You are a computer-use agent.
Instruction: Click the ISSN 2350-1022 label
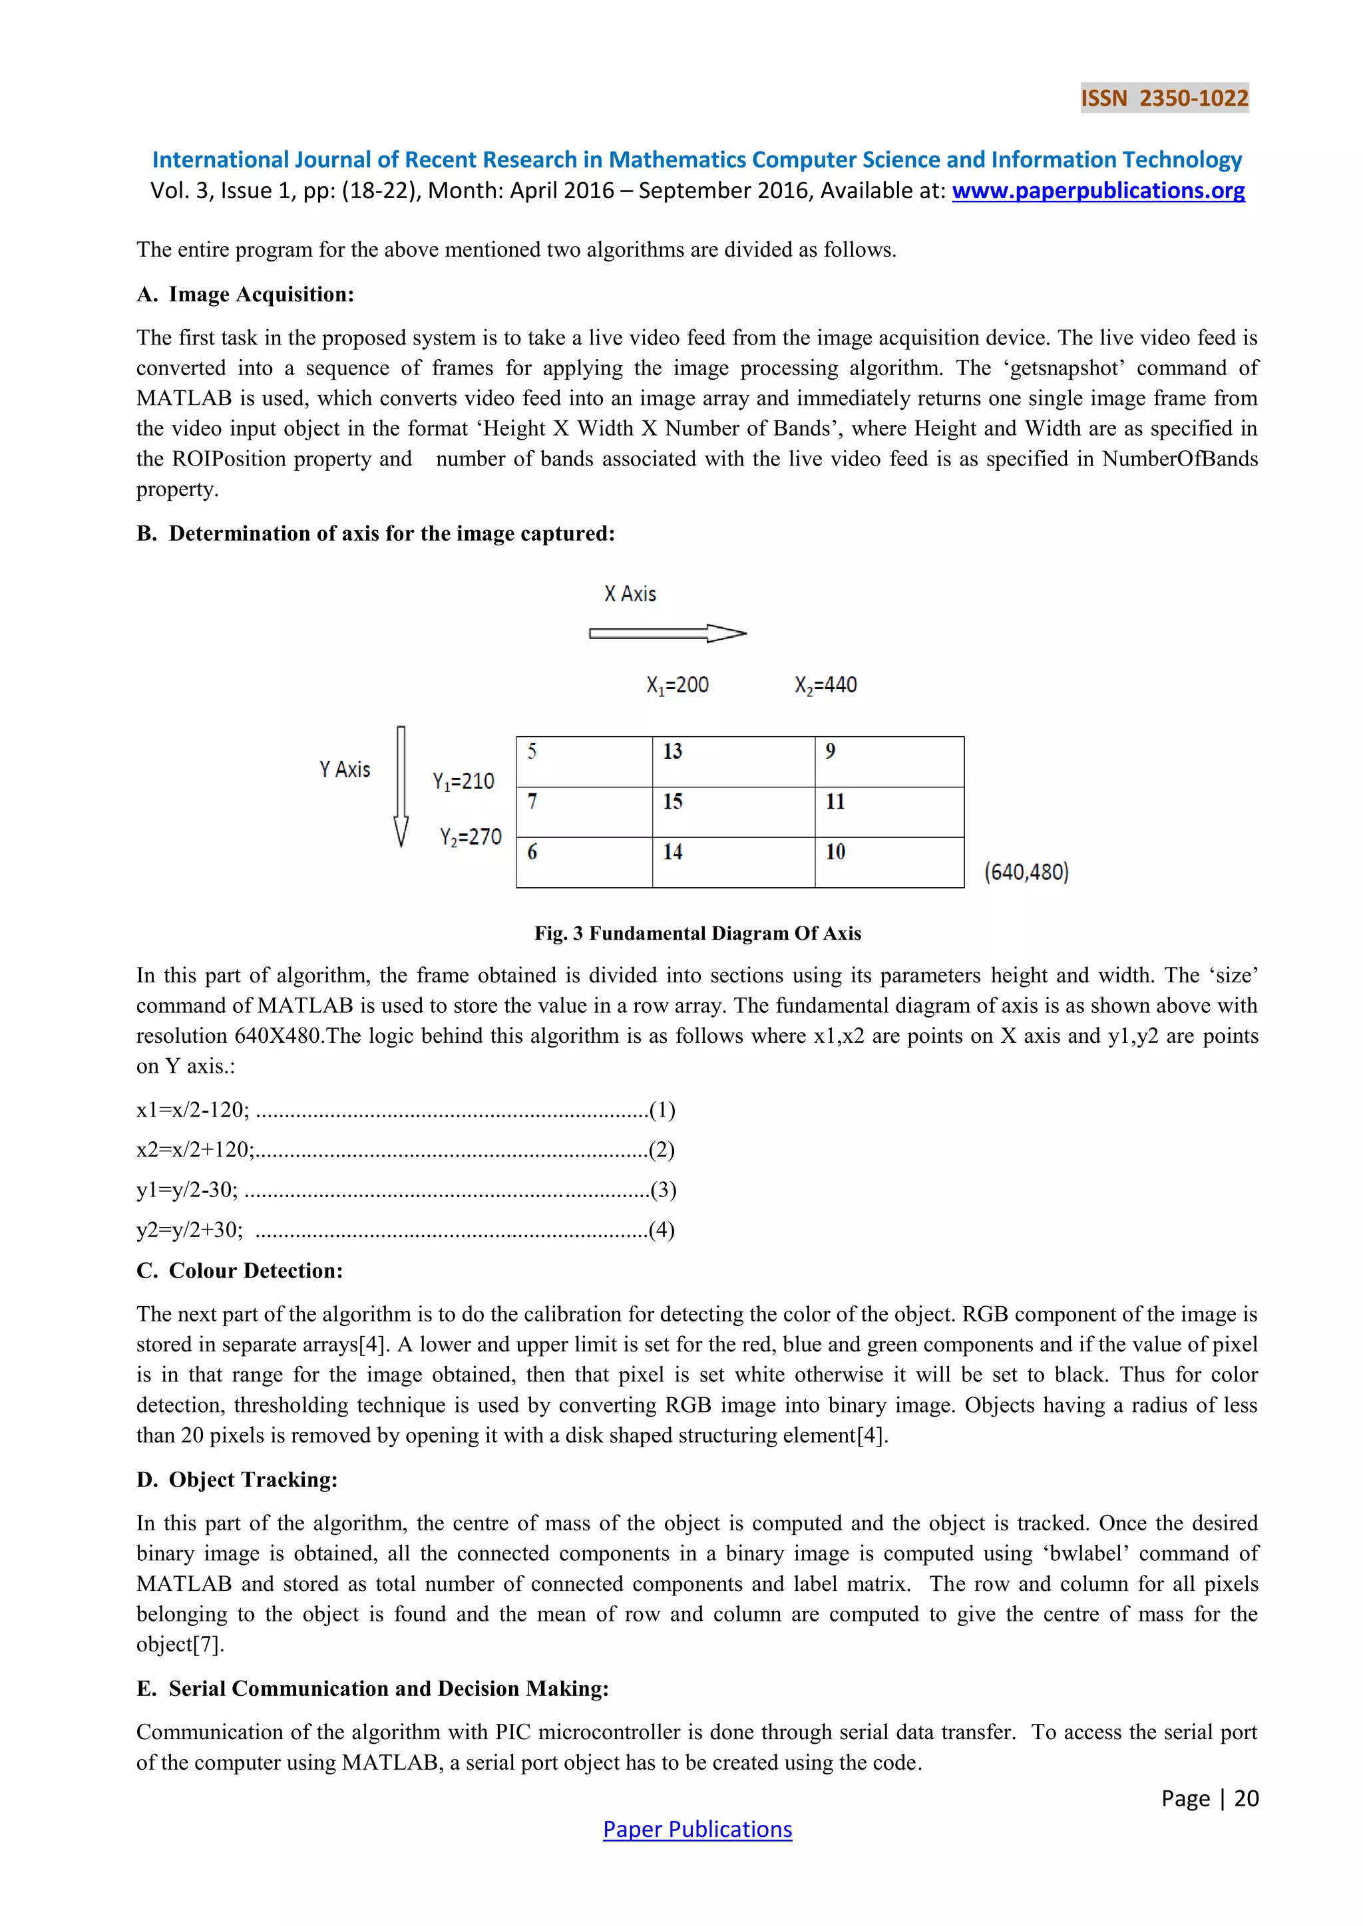1164,98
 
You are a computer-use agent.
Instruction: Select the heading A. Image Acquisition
245,295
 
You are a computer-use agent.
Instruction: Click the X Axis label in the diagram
630,594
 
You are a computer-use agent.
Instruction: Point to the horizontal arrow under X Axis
668,633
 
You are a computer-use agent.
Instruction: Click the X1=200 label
678,686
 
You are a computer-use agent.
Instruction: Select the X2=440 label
826,686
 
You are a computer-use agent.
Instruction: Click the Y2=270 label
471,837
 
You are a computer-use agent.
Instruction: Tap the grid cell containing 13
733,761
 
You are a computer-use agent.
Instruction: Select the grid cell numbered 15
733,812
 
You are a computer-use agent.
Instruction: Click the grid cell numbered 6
584,863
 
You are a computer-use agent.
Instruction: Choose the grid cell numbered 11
888,812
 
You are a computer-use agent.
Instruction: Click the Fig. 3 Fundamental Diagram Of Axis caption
697,934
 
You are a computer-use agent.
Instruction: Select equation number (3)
663,1190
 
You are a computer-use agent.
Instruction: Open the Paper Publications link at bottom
697,1830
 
